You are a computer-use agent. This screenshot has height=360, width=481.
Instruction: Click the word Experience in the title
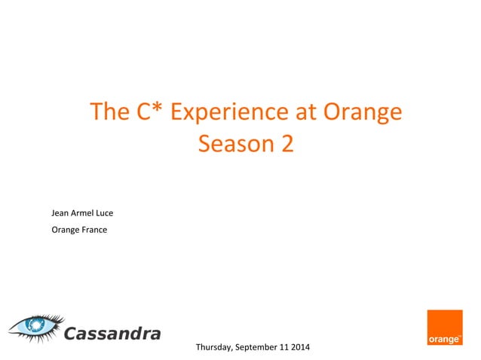(229, 112)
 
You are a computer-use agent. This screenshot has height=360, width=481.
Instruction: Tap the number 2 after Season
(286, 143)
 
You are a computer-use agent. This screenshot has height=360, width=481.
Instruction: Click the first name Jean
(60, 212)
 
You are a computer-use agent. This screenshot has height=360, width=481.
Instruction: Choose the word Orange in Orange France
(65, 230)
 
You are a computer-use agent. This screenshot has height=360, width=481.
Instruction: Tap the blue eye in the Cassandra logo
(35, 326)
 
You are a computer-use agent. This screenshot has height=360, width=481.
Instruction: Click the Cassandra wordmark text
(112, 333)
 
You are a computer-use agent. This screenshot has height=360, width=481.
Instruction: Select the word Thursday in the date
(213, 347)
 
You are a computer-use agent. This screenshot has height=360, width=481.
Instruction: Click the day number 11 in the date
(289, 347)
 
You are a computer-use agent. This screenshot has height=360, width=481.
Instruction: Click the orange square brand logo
(445, 328)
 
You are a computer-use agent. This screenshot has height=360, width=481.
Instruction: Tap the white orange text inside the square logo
(445, 340)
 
